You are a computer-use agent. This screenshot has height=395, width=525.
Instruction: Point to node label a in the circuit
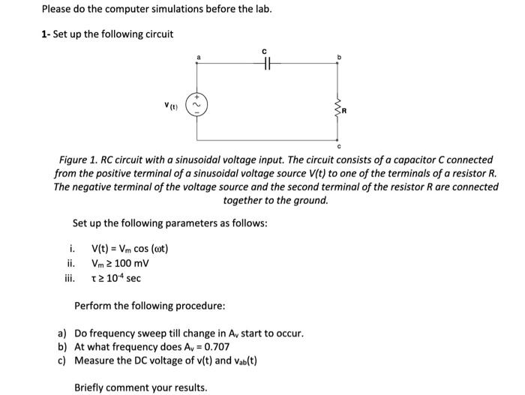pos(198,56)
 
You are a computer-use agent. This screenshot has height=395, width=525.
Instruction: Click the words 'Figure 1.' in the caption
pos(82,160)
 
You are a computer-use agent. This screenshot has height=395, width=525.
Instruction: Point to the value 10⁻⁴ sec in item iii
pos(121,278)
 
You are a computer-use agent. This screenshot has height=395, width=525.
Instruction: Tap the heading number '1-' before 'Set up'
pos(46,34)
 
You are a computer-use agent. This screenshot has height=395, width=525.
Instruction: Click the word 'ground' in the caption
pos(312,201)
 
